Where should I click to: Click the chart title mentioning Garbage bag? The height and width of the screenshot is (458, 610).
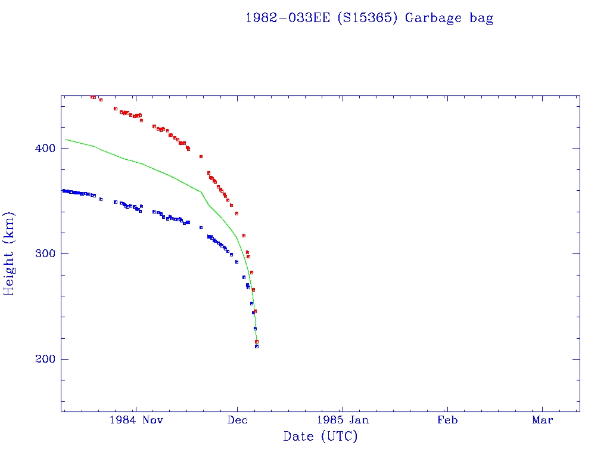click(369, 18)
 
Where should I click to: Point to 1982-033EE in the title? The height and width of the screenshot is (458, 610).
click(288, 18)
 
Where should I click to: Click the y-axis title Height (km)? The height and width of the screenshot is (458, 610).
click(10, 253)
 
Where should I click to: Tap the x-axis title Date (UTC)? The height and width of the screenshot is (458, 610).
click(320, 437)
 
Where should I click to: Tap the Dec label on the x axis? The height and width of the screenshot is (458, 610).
click(237, 420)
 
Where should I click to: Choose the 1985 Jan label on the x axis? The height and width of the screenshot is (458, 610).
click(342, 420)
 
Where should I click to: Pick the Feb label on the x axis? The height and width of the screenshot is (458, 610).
click(447, 420)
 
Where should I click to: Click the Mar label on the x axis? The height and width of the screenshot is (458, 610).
click(543, 420)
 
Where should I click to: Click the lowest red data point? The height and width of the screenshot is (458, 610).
click(257, 342)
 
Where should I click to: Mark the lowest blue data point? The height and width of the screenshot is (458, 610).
click(257, 346)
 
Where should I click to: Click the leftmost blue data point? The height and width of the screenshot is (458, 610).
click(63, 190)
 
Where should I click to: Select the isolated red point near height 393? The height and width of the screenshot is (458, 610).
click(201, 156)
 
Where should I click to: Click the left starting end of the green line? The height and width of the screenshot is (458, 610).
click(65, 139)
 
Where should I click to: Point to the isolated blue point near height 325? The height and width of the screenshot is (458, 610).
click(201, 227)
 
